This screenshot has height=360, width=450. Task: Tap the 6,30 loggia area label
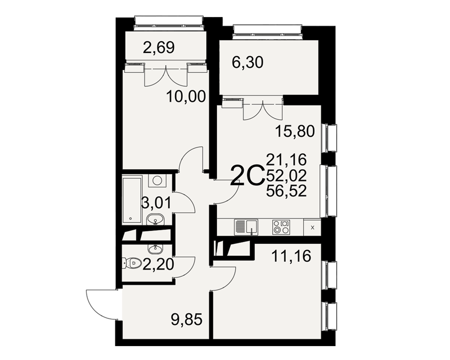pyautogui.click(x=247, y=62)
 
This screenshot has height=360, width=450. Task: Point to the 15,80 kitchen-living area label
pyautogui.click(x=295, y=131)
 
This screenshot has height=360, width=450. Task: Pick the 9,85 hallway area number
pyautogui.click(x=187, y=319)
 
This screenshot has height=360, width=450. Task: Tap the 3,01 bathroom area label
pyautogui.click(x=156, y=202)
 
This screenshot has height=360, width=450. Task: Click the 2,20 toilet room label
pyautogui.click(x=158, y=264)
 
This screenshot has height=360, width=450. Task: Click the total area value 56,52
pyautogui.click(x=286, y=191)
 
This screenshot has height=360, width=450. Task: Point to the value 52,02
pyautogui.click(x=286, y=175)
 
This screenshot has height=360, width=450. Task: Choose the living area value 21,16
pyautogui.click(x=286, y=160)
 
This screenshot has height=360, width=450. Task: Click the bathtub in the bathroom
pyautogui.click(x=132, y=201)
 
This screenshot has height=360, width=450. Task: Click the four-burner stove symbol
pyautogui.click(x=281, y=227)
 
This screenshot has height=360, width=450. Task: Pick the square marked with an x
pyautogui.click(x=312, y=228)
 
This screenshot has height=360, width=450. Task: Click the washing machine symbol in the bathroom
pyautogui.click(x=157, y=181)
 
